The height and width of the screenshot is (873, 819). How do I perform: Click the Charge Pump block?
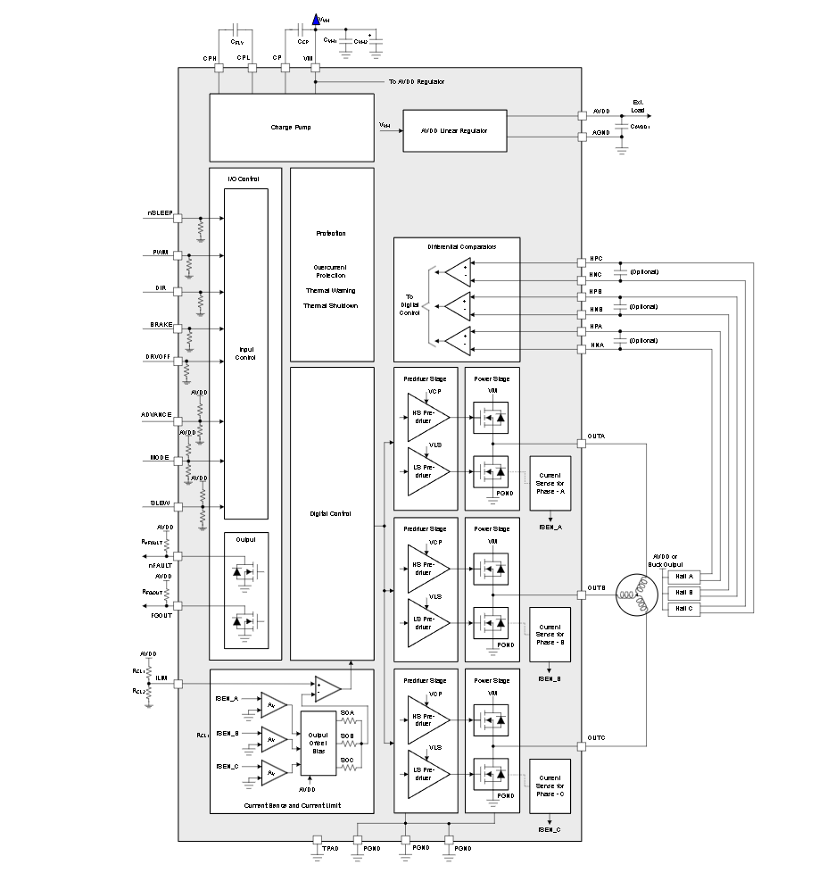(x=292, y=127)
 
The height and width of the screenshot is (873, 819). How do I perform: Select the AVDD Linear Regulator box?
(x=454, y=130)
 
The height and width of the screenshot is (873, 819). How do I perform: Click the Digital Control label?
(x=332, y=513)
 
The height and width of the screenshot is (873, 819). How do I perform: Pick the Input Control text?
(x=245, y=353)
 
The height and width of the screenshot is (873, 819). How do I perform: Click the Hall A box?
(x=684, y=577)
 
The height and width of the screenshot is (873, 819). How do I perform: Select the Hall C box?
(x=684, y=608)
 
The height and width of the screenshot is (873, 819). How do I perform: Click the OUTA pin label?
(x=596, y=436)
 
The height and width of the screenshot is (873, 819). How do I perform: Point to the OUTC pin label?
(x=596, y=738)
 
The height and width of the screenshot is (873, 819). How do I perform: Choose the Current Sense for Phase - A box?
(x=550, y=483)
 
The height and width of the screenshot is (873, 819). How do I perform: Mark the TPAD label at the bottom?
(x=330, y=848)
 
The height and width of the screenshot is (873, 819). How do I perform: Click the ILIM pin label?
(x=162, y=678)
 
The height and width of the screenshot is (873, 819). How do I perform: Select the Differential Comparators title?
(x=456, y=246)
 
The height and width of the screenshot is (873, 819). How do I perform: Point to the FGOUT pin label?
(x=161, y=615)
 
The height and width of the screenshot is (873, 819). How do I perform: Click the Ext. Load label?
(x=637, y=104)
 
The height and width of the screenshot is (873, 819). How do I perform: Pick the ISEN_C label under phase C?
(x=550, y=830)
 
